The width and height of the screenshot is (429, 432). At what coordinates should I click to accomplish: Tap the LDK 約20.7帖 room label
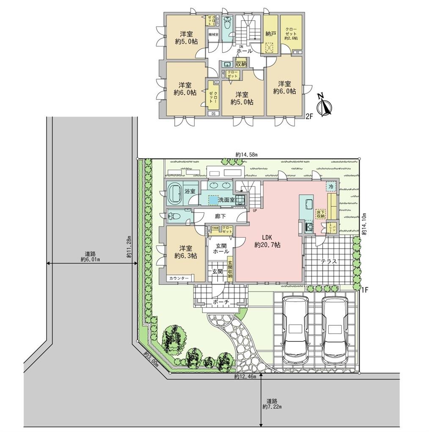(x=268, y=240)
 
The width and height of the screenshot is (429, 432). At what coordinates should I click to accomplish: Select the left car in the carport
(x=295, y=330)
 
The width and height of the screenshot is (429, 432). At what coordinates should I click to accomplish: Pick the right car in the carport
(x=335, y=330)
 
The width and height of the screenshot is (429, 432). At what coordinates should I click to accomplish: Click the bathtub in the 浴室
(x=175, y=193)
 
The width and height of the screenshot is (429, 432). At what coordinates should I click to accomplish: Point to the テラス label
(x=328, y=261)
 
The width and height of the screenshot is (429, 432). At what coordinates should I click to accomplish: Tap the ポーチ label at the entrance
(x=221, y=302)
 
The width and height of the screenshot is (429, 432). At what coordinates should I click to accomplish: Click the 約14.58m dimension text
(x=247, y=154)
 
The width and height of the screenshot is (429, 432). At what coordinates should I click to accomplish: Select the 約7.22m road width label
(x=272, y=404)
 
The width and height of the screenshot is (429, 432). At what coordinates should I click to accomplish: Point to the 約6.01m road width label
(x=90, y=257)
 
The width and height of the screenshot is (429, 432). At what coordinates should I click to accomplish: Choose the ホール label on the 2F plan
(x=245, y=51)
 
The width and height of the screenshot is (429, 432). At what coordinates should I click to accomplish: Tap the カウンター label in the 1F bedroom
(x=179, y=278)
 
